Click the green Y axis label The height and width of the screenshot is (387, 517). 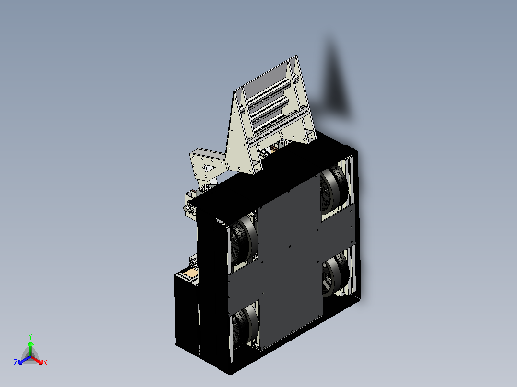30,337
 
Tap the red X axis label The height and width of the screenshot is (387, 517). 45,363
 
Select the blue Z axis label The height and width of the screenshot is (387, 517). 15,362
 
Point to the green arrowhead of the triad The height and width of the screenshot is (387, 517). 30,344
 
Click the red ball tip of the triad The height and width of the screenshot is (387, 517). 41,363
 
